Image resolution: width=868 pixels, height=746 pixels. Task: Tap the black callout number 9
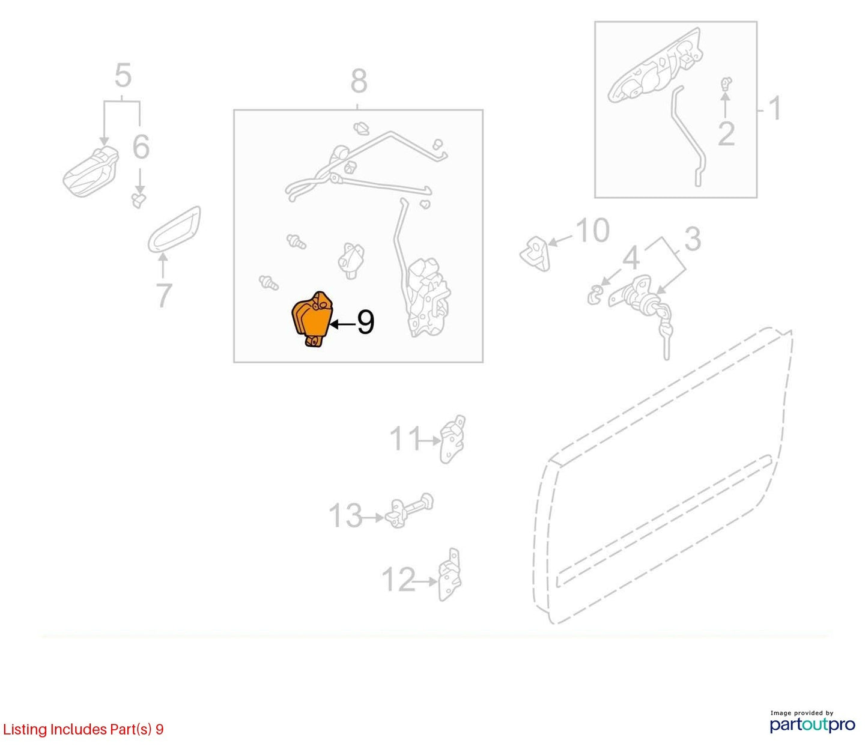365,323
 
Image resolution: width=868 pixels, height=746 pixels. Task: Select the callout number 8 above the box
359,82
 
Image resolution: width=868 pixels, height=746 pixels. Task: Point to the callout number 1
775,108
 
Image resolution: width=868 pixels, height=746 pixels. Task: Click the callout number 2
726,134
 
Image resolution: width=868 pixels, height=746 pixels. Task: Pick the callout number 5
123,76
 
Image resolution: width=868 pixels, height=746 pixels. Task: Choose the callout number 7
164,295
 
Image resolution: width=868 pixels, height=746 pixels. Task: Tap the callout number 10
592,231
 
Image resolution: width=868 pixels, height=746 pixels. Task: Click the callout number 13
345,516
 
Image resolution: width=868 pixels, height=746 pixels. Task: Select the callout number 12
398,580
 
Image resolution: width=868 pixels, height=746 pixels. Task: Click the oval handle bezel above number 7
174,229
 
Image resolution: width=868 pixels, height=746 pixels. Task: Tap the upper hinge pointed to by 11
452,439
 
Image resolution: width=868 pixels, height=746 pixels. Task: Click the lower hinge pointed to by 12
450,574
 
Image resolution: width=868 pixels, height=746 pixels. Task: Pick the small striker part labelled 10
535,253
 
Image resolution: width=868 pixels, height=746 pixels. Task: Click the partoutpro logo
813,725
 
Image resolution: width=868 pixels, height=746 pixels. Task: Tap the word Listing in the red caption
25,730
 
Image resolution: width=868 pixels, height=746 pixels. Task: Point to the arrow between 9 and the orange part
342,324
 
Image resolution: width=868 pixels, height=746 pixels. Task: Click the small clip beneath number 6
139,200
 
